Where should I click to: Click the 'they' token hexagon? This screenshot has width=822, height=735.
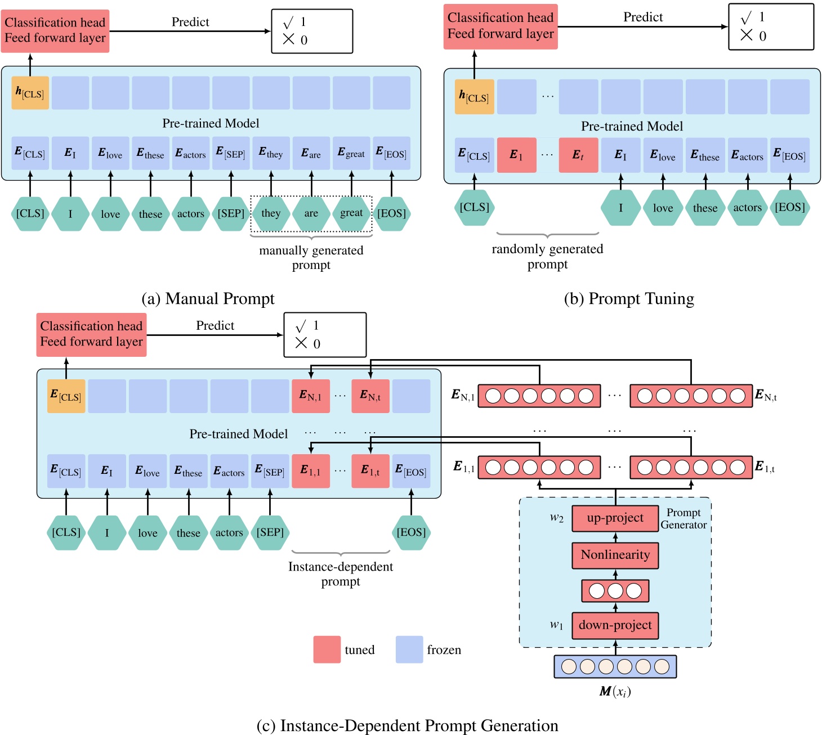pos(271,213)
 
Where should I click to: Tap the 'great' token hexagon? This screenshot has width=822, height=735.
pos(351,213)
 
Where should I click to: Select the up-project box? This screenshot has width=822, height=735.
pos(615,518)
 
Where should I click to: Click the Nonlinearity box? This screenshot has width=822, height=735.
pos(615,555)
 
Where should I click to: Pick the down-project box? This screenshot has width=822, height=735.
pos(615,626)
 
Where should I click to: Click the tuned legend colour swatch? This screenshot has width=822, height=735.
pos(327,649)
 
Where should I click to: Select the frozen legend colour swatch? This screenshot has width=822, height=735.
pos(409,649)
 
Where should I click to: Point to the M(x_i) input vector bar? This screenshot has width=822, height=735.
pos(615,666)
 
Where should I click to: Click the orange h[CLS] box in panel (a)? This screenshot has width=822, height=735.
pos(30,93)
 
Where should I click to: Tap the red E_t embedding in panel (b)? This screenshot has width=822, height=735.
pos(578,155)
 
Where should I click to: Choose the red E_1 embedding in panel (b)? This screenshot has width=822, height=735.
pos(516,155)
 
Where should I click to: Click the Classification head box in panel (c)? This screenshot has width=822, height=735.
pos(91,334)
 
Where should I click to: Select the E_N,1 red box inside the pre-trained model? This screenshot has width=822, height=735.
pos(310,396)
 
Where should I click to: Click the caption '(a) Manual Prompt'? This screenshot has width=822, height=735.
pos(208,298)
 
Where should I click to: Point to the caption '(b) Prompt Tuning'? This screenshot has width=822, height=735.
pos(629,298)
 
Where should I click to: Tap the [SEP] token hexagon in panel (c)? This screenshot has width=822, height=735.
pos(270,532)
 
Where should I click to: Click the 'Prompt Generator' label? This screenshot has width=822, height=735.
pos(683,518)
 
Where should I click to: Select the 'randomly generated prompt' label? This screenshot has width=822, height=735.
pos(547,256)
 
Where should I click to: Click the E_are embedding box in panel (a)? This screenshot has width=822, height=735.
pos(311,153)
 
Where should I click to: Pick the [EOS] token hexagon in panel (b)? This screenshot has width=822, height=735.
pos(789,208)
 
